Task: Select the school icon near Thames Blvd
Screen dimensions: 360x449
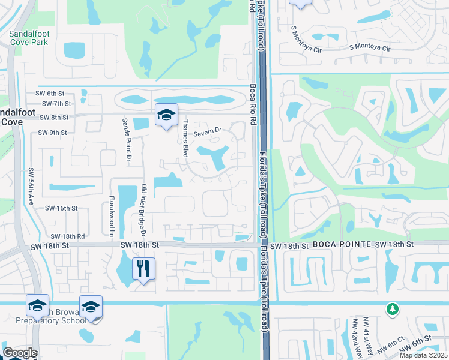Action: pos(166,114)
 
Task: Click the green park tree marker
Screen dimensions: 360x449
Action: pos(392,308)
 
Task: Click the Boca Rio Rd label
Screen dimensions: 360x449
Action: pos(253,97)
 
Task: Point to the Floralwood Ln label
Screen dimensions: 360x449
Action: pos(112,209)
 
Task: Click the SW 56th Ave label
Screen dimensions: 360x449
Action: pos(30,186)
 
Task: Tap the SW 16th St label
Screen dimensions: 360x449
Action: pos(62,208)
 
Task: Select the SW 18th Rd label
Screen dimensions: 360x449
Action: pos(67,237)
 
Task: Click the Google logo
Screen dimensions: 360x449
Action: pos(20,353)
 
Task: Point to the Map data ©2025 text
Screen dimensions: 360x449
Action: pos(423,355)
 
